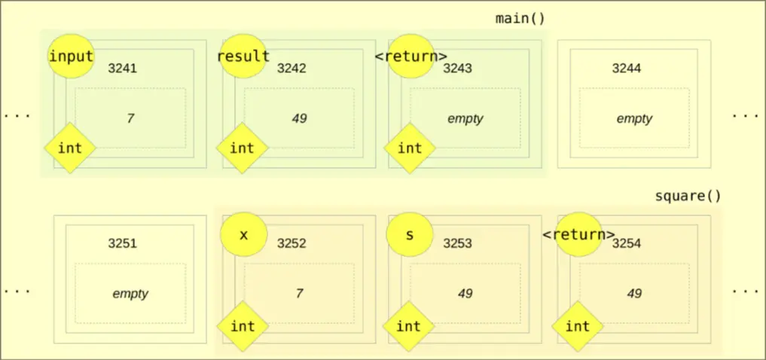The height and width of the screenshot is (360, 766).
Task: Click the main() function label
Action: [520, 18]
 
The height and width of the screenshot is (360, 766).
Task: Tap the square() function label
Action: [688, 196]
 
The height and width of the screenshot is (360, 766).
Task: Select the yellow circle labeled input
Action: [71, 56]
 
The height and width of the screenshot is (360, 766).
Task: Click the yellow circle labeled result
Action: [243, 56]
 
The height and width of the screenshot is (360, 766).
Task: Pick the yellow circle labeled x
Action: [243, 234]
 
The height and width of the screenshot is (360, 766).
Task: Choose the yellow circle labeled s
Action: [410, 234]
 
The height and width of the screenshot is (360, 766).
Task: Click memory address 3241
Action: [122, 69]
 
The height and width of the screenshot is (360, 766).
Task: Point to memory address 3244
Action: [627, 69]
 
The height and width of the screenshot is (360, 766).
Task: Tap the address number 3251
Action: [122, 243]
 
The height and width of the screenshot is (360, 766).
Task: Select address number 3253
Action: [457, 243]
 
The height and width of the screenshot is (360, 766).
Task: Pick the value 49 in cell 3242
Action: [299, 118]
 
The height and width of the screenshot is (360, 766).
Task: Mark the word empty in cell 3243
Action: [465, 118]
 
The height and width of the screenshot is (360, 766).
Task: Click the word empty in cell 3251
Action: [130, 294]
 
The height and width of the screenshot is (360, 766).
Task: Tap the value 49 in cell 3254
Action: [634, 294]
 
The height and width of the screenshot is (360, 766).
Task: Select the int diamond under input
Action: [70, 148]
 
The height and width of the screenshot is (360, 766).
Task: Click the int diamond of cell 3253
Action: [408, 326]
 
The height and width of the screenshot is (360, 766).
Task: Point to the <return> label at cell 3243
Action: [411, 56]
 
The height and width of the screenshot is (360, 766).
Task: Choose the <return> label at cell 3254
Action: [578, 234]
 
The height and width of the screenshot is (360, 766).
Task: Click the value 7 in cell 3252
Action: [299, 294]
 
